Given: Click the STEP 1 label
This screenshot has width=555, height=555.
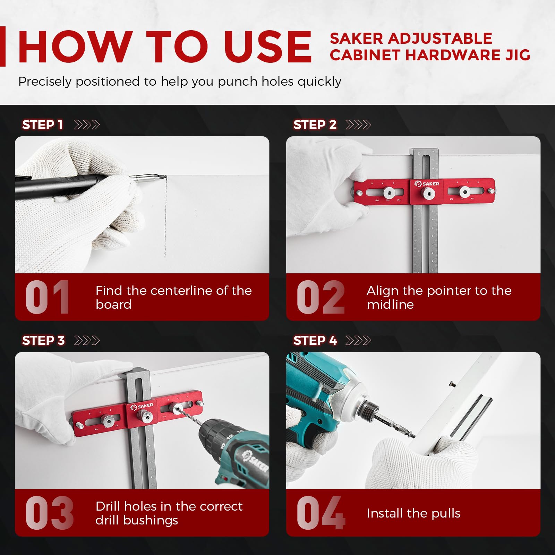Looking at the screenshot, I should [x=42, y=125].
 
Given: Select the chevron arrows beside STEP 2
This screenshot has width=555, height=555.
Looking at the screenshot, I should [x=358, y=125].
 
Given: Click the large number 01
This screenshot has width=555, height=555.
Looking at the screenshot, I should [x=48, y=297].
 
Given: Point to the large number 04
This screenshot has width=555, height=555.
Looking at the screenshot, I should [x=321, y=513].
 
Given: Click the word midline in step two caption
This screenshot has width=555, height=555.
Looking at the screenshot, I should [x=390, y=305].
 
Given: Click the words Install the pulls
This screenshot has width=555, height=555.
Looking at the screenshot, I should [x=413, y=513].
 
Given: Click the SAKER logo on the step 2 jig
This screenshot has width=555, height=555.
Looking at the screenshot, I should [x=427, y=184].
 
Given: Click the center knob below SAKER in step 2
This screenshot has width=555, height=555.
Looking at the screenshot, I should [x=427, y=193].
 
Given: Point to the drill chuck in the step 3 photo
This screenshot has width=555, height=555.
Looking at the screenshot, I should [x=210, y=434].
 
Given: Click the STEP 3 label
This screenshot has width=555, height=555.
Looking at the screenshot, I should [x=43, y=341].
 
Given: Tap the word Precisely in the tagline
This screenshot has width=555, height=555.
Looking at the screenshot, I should [x=45, y=82].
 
